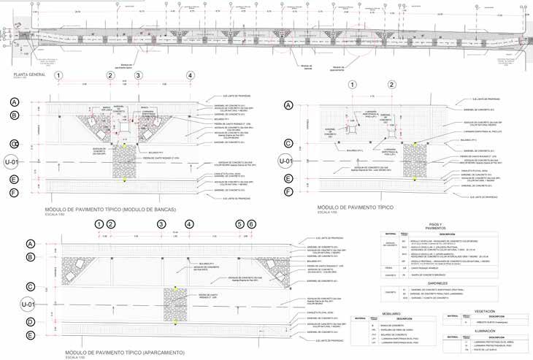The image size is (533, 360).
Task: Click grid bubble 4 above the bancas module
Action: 190,76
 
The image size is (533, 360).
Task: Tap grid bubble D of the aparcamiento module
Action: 31,321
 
